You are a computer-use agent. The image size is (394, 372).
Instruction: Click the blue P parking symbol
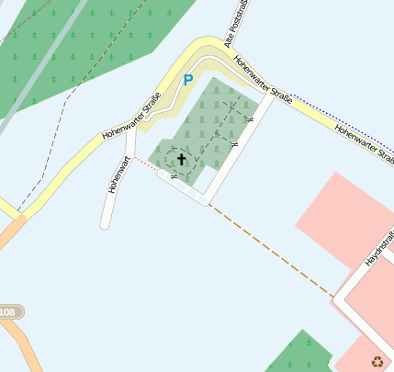(x=188, y=81)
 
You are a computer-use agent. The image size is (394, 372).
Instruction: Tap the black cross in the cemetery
(x=181, y=160)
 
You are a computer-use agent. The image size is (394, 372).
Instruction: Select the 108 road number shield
(x=8, y=313)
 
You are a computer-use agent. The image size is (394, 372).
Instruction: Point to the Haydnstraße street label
(x=378, y=248)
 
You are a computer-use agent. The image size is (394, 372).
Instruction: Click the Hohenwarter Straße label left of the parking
(x=132, y=117)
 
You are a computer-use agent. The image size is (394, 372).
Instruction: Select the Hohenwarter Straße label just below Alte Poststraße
(x=263, y=80)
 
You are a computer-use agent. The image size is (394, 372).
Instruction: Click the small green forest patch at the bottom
(x=298, y=354)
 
